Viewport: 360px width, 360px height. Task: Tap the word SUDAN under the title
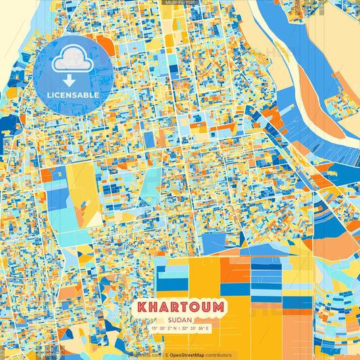180,319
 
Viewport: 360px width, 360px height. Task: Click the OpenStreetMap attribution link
190,355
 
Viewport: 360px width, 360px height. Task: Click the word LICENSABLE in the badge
67,94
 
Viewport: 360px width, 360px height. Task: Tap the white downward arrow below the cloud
68,80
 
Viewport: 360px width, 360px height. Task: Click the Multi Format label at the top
179,3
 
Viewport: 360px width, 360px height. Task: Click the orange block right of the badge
105,46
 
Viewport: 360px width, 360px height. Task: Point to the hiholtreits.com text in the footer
145,355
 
